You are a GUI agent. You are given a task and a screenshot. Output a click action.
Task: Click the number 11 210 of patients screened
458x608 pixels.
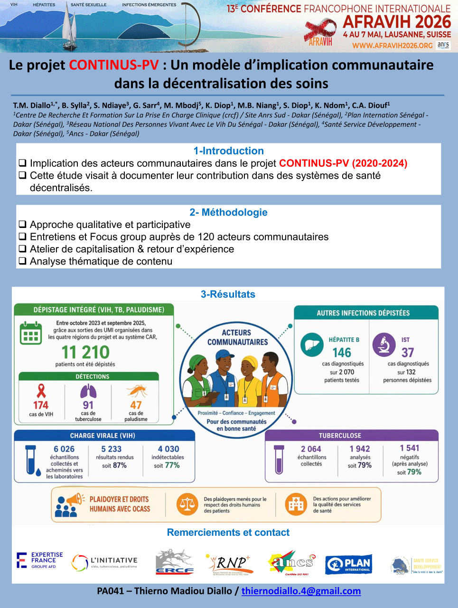85,352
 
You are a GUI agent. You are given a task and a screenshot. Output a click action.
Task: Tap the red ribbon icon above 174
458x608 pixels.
41,391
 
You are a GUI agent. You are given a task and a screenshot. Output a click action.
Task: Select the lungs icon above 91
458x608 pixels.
88,391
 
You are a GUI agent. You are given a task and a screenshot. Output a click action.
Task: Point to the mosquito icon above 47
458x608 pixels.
136,391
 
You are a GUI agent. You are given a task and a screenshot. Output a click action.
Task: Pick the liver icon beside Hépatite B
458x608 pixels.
312,345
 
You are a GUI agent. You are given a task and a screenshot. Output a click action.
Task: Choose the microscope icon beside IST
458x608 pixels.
383,345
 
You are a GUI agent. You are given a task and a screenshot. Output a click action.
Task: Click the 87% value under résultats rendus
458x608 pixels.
120,465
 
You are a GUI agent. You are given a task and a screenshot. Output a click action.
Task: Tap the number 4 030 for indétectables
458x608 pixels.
168,449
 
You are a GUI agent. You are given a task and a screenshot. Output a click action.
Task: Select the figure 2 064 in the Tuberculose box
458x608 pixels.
311,449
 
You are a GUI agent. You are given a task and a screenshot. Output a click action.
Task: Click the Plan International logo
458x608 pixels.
348,564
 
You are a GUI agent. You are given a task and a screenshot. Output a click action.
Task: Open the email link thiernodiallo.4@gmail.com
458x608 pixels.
301,591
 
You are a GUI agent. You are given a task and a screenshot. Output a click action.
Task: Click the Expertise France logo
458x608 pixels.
40,560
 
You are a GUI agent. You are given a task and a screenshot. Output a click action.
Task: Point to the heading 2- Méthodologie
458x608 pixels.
228,212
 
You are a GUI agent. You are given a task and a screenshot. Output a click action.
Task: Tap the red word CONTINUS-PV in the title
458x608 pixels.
114,65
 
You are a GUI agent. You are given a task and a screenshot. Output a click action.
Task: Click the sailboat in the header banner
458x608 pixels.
69,28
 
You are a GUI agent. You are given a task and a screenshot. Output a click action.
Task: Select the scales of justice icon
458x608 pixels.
187,504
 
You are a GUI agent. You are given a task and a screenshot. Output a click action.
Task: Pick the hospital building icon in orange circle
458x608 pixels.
296,504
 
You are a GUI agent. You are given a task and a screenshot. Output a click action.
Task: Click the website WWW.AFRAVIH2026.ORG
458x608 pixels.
392,46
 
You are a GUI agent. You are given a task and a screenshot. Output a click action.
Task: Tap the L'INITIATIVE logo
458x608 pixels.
104,562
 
